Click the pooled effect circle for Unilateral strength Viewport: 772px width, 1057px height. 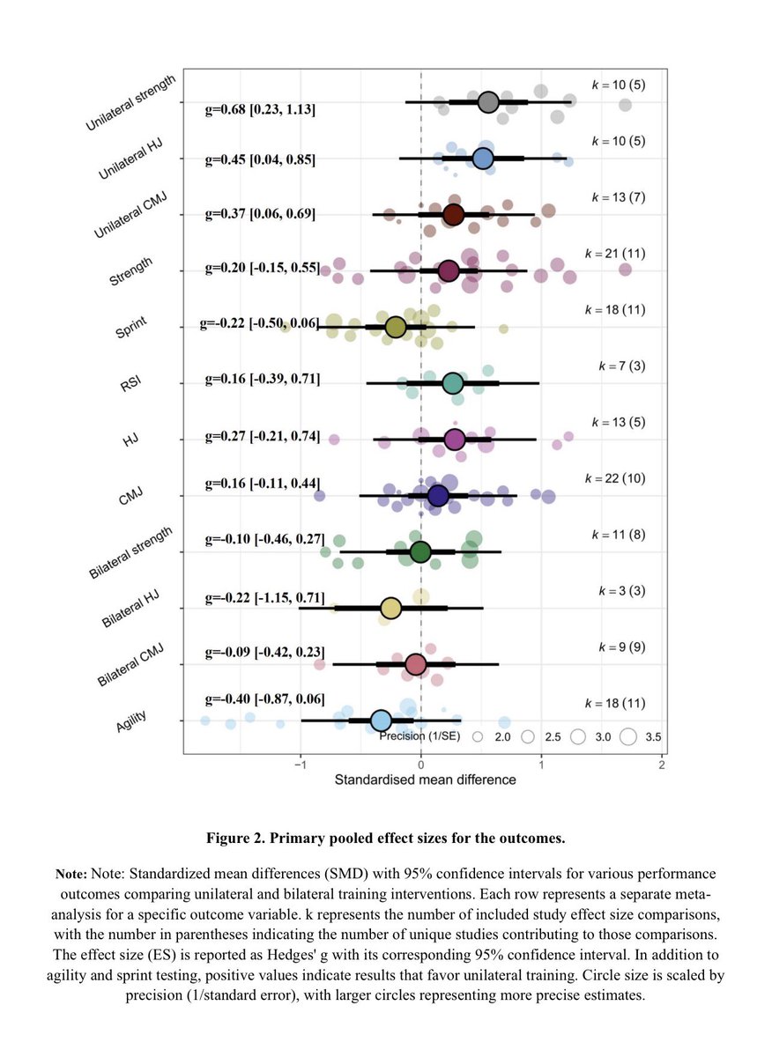[x=489, y=102]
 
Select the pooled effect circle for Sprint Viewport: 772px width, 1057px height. [x=396, y=327]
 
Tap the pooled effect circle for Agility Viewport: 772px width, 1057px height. [x=381, y=721]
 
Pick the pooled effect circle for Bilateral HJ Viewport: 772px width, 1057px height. [x=391, y=608]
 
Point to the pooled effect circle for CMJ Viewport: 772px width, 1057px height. [x=438, y=496]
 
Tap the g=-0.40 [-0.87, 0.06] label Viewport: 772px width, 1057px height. [x=264, y=699]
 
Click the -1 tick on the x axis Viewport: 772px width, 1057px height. [x=301, y=765]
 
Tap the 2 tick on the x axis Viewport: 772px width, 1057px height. [x=661, y=765]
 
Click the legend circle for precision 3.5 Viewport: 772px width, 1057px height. [x=628, y=736]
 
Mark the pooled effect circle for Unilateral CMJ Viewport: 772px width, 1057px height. [x=454, y=215]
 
